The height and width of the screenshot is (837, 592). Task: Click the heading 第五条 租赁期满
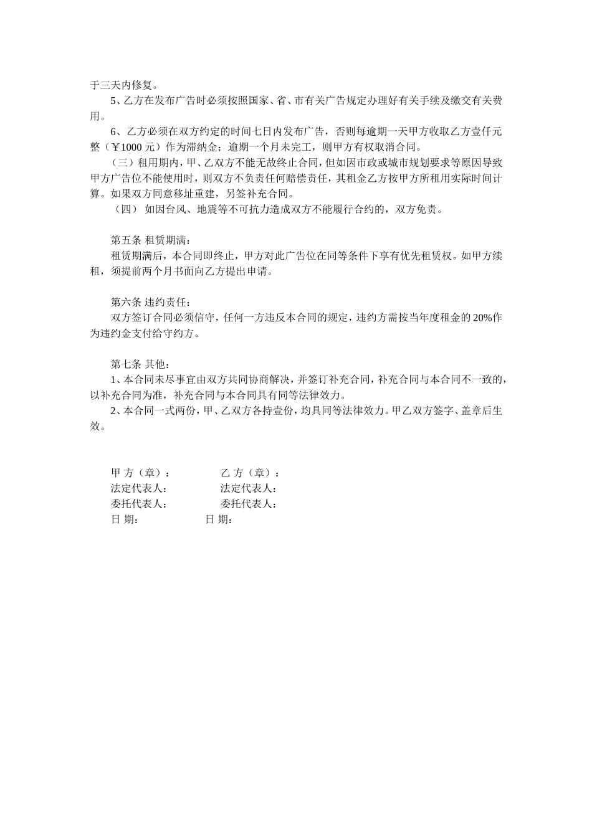(148, 240)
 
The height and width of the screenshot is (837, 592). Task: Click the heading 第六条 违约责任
(148, 302)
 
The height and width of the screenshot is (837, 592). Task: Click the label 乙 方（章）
(249, 473)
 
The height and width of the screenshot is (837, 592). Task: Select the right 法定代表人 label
(248, 489)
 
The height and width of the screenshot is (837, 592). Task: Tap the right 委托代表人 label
(248, 504)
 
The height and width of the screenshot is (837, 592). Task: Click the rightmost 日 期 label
(219, 520)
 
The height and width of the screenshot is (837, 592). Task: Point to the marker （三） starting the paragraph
(122, 163)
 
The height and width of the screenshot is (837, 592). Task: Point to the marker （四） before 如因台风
(126, 210)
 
